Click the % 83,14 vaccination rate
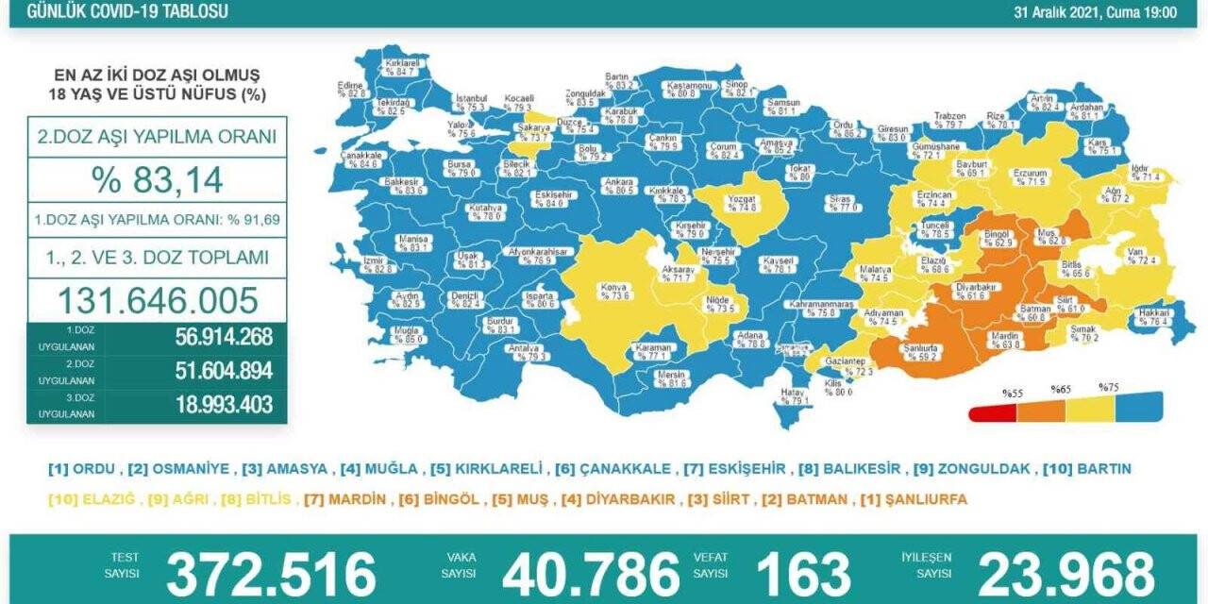(x=157, y=177)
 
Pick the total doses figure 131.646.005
(x=158, y=300)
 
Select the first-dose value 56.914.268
(x=224, y=337)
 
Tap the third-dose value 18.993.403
(x=224, y=405)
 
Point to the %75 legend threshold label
(x=1108, y=387)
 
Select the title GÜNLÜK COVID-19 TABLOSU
(x=126, y=12)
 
